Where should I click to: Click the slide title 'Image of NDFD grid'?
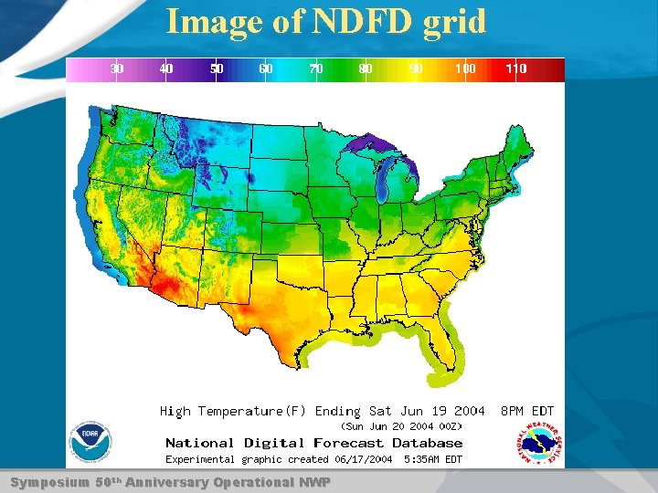[325, 21]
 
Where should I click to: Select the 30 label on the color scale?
[117, 68]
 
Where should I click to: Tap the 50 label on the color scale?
[217, 68]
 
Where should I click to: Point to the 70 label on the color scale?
[316, 68]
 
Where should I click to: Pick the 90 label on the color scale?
[416, 68]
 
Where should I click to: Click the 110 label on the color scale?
[516, 68]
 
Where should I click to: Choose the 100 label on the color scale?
[465, 68]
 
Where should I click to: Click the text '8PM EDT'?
[527, 412]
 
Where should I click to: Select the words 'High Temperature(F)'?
[234, 412]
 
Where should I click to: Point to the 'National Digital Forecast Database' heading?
[313, 443]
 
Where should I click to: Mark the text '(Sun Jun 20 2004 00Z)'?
[401, 426]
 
